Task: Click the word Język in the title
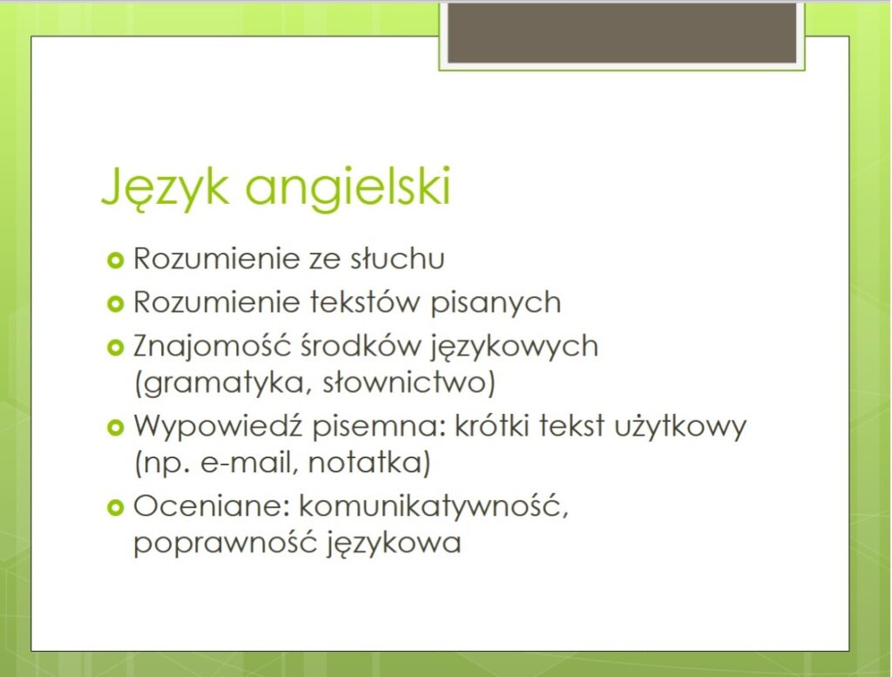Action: (165, 187)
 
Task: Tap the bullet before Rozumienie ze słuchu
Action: (115, 261)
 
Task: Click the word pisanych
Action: (496, 303)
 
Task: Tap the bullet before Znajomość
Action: (115, 347)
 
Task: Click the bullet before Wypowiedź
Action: (115, 427)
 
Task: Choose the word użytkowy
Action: (680, 427)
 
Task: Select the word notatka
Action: (369, 462)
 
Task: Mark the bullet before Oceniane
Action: (115, 507)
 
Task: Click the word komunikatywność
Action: (434, 506)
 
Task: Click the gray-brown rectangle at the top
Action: (622, 32)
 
